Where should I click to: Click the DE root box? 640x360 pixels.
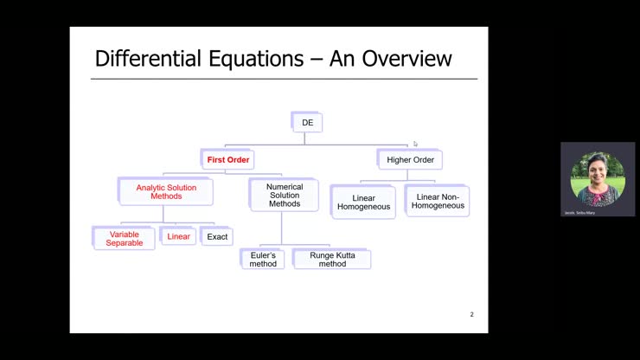click(307, 123)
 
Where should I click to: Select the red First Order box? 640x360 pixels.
click(228, 160)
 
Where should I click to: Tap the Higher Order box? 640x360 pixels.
click(410, 159)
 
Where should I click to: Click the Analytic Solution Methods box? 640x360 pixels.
click(166, 191)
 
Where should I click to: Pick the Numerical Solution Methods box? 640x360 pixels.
click(283, 196)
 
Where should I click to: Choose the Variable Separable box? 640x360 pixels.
click(124, 239)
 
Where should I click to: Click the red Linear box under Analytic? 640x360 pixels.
click(178, 236)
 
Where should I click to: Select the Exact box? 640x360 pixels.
click(217, 236)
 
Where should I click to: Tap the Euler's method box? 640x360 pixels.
click(262, 259)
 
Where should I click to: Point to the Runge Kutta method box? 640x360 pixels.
click(332, 259)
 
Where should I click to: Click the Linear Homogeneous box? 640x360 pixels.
click(364, 202)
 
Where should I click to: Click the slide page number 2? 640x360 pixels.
click(471, 314)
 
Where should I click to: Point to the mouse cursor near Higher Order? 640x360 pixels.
click(415, 144)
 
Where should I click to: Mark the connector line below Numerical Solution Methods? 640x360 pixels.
click(281, 229)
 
